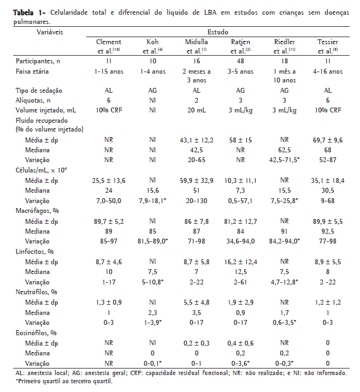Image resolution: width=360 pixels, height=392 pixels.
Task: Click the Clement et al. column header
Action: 108,46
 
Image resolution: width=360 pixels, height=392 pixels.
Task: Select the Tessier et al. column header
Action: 330,46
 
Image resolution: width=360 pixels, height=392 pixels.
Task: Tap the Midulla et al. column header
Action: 196,46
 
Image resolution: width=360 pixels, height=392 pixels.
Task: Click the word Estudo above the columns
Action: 217,33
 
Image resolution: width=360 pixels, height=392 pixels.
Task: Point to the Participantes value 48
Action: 240,61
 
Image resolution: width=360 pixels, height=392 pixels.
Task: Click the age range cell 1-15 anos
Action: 108,71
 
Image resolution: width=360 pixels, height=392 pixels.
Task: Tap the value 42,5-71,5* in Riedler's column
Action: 285,160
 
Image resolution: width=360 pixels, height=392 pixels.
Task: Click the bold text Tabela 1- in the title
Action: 25,13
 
